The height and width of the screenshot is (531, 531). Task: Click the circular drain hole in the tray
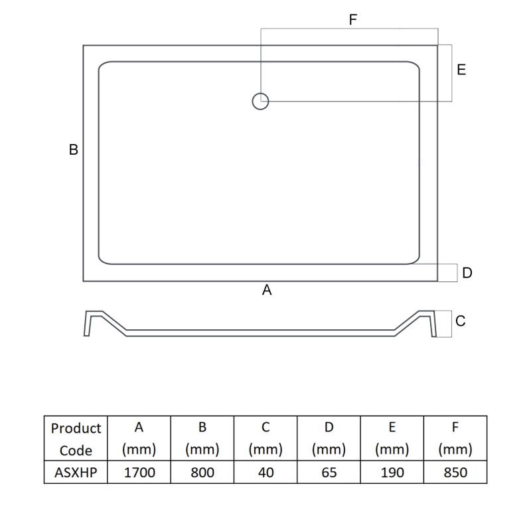(260, 101)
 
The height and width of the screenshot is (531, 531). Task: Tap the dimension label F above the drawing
(353, 20)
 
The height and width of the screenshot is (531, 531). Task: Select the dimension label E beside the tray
(461, 70)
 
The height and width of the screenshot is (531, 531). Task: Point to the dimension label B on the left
(74, 150)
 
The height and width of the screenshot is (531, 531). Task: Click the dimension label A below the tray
(267, 290)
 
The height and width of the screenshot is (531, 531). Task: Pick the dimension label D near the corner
(467, 273)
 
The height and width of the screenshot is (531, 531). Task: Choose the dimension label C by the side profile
(461, 321)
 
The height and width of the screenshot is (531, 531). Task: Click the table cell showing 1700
(139, 473)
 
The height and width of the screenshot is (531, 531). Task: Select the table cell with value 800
(202, 473)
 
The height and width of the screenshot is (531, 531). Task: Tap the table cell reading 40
(265, 473)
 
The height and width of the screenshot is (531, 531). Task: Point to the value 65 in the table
(329, 473)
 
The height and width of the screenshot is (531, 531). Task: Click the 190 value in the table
(391, 473)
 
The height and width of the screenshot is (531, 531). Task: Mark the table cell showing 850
(455, 473)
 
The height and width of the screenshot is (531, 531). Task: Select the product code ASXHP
(76, 473)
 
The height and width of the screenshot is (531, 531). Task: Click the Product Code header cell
(76, 439)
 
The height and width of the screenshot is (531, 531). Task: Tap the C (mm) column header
(265, 439)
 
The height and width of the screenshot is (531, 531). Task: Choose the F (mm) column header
(455, 439)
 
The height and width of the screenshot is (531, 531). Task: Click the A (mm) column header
(139, 439)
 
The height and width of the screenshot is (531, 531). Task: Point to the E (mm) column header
(391, 439)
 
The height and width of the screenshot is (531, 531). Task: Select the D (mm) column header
(329, 439)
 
